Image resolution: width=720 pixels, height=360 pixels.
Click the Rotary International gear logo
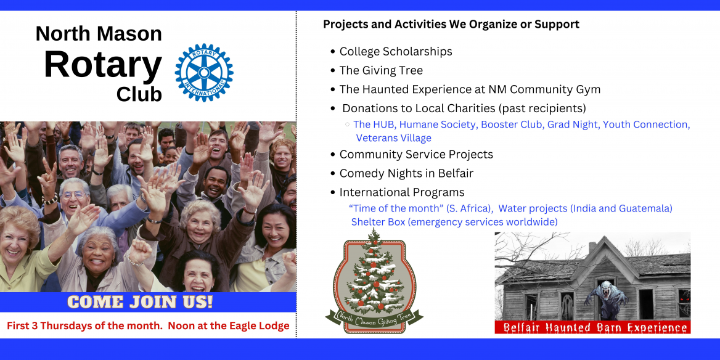click(204, 73)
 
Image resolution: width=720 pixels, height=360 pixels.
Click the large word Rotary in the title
click(103, 65)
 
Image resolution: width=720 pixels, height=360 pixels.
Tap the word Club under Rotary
click(139, 94)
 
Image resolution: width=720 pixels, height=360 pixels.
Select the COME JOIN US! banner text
click(140, 302)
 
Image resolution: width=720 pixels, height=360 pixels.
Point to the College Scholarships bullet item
click(396, 51)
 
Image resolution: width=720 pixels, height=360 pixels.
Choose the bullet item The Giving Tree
click(381, 71)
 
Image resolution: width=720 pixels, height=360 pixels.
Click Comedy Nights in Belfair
click(406, 174)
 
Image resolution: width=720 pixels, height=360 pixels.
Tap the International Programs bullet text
click(402, 192)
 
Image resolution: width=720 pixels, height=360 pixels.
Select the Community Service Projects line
click(416, 154)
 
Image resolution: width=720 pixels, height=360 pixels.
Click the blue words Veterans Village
click(393, 137)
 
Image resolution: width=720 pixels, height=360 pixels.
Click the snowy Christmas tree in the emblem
click(375, 271)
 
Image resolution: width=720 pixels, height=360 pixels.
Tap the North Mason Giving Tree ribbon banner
click(374, 316)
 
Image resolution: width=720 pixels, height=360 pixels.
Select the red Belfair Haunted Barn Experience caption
click(593, 327)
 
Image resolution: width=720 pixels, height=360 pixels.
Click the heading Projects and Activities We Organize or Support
click(451, 24)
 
